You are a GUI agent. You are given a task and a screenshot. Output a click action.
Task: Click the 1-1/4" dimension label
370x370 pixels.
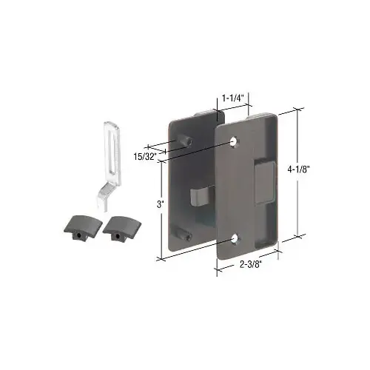click(233, 98)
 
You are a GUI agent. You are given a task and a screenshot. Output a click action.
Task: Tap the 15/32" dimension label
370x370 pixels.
click(145, 156)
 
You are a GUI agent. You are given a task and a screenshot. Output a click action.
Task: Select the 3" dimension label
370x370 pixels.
click(161, 204)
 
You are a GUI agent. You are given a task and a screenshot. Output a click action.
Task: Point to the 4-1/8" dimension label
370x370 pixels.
click(298, 169)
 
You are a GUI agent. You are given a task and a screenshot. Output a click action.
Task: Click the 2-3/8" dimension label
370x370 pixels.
click(250, 264)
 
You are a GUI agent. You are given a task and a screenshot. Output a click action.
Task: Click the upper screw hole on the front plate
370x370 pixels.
click(234, 141)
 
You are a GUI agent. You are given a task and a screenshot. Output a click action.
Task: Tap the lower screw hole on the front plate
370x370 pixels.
click(235, 238)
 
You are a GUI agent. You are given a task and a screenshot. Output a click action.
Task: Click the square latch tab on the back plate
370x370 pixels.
click(198, 196)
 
